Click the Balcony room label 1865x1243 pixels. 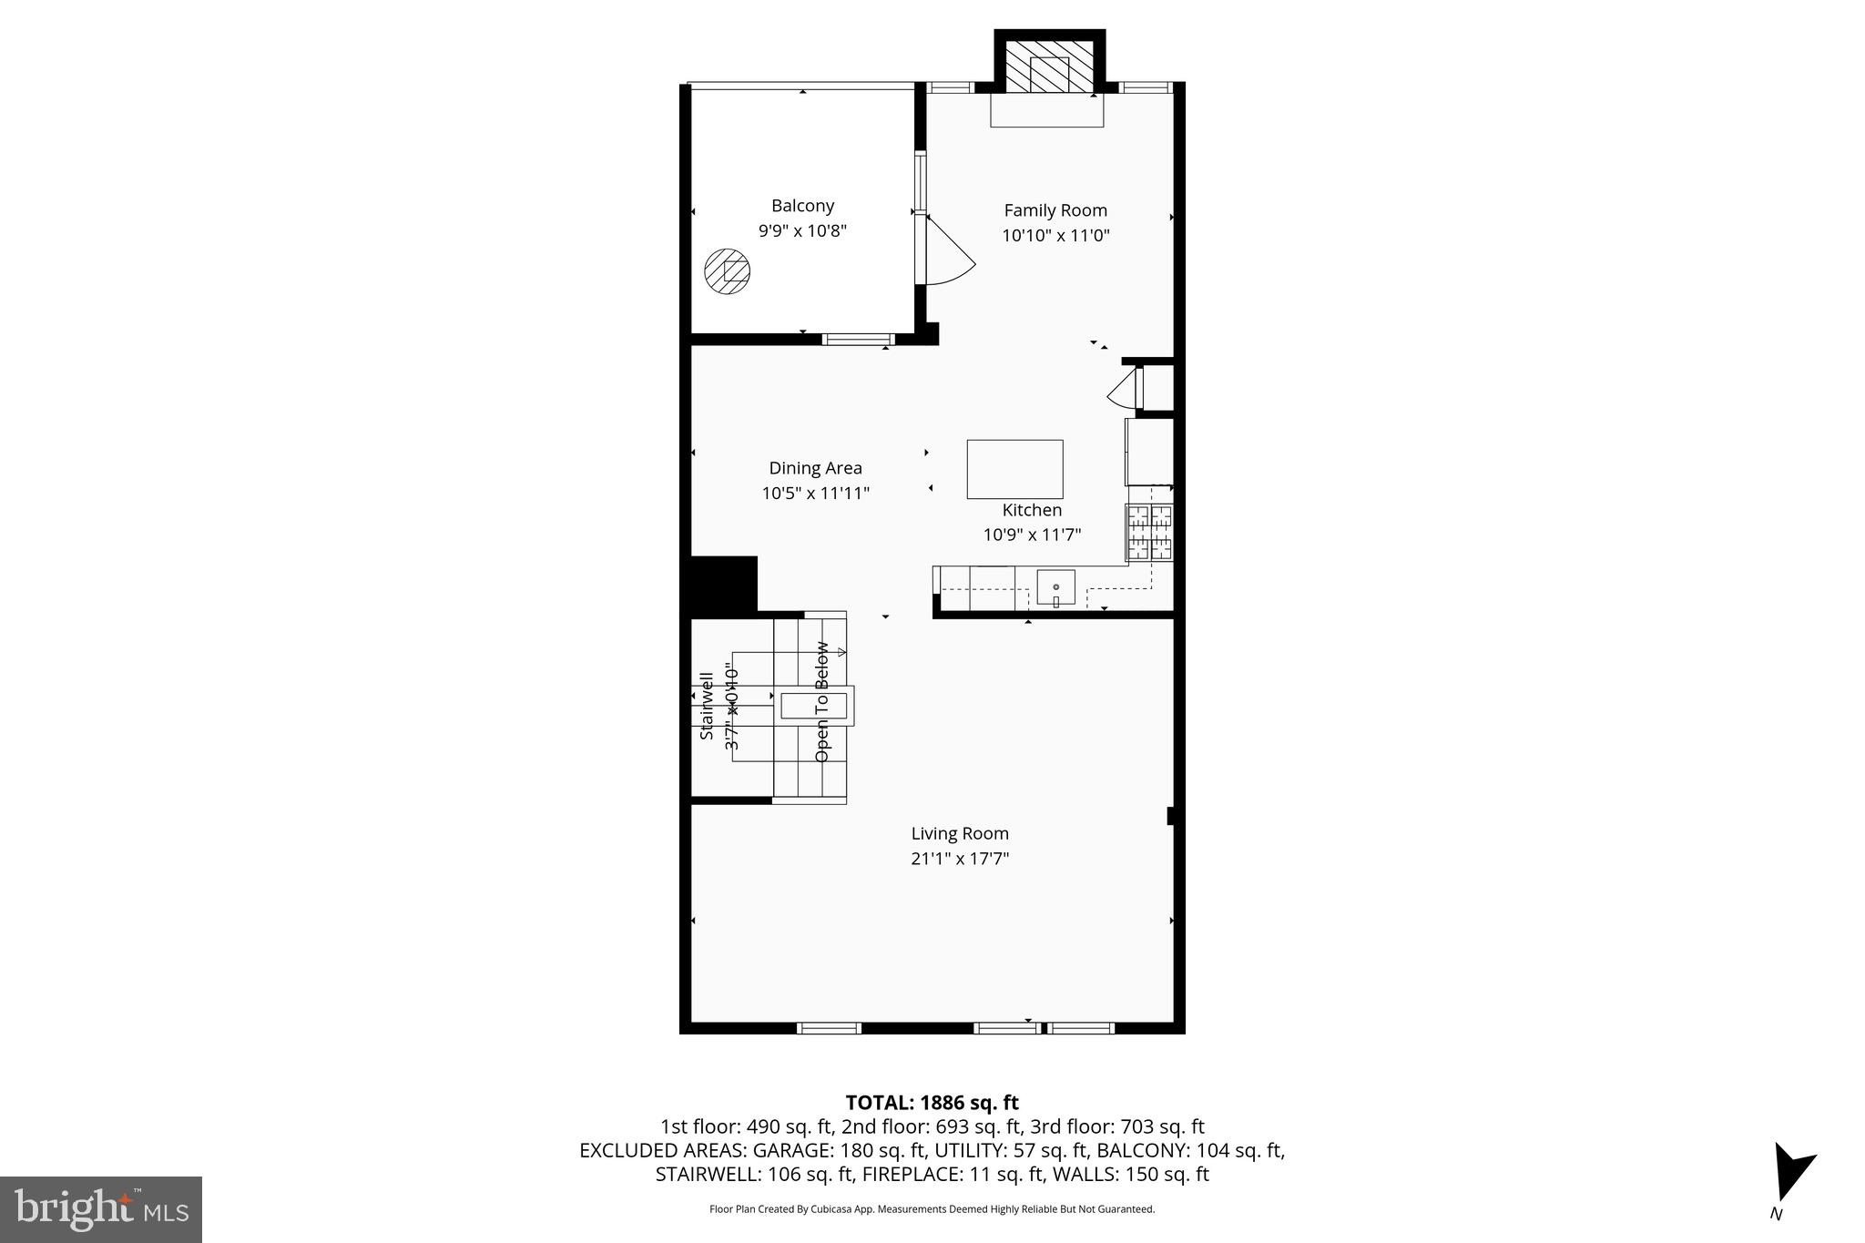pyautogui.click(x=802, y=206)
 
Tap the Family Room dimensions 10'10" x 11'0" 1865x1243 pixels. pyautogui.click(x=1055, y=235)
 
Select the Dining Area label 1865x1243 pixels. pyautogui.click(x=815, y=468)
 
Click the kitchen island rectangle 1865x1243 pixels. pyautogui.click(x=1014, y=468)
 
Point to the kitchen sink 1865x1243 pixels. pyautogui.click(x=1055, y=588)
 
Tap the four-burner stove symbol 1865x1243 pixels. pyautogui.click(x=1149, y=532)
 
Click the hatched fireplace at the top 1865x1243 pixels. pyautogui.click(x=1049, y=66)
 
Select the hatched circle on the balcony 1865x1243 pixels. pyautogui.click(x=728, y=271)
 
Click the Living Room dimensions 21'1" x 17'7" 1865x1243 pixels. pyautogui.click(x=960, y=858)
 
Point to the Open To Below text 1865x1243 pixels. pyautogui.click(x=822, y=701)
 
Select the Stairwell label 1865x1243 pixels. pyautogui.click(x=707, y=706)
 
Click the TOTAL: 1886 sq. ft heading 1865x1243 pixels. pyautogui.click(x=932, y=1103)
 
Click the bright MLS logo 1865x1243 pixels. pyautogui.click(x=101, y=1209)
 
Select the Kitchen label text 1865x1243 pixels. pyautogui.click(x=1032, y=510)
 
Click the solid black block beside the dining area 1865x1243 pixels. pyautogui.click(x=723, y=584)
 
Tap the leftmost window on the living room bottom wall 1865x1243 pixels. pyautogui.click(x=829, y=1028)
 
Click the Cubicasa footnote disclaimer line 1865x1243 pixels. pyautogui.click(x=932, y=1209)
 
